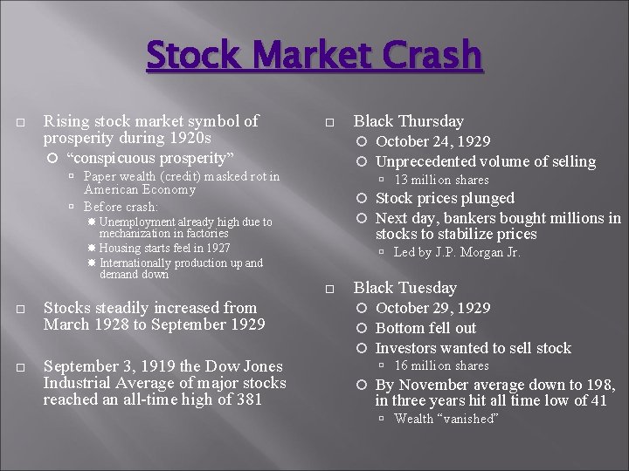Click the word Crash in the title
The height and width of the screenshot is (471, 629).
click(425, 56)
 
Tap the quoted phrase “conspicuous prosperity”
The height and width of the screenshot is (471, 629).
click(150, 158)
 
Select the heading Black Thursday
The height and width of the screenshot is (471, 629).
click(408, 121)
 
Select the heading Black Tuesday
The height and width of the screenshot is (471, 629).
click(404, 288)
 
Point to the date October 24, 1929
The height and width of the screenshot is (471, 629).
click(432, 141)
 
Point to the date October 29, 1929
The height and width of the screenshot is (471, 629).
click(432, 308)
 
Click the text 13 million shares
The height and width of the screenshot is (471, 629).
click(441, 180)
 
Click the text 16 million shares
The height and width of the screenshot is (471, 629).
click(441, 365)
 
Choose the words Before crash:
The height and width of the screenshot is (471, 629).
click(121, 207)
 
